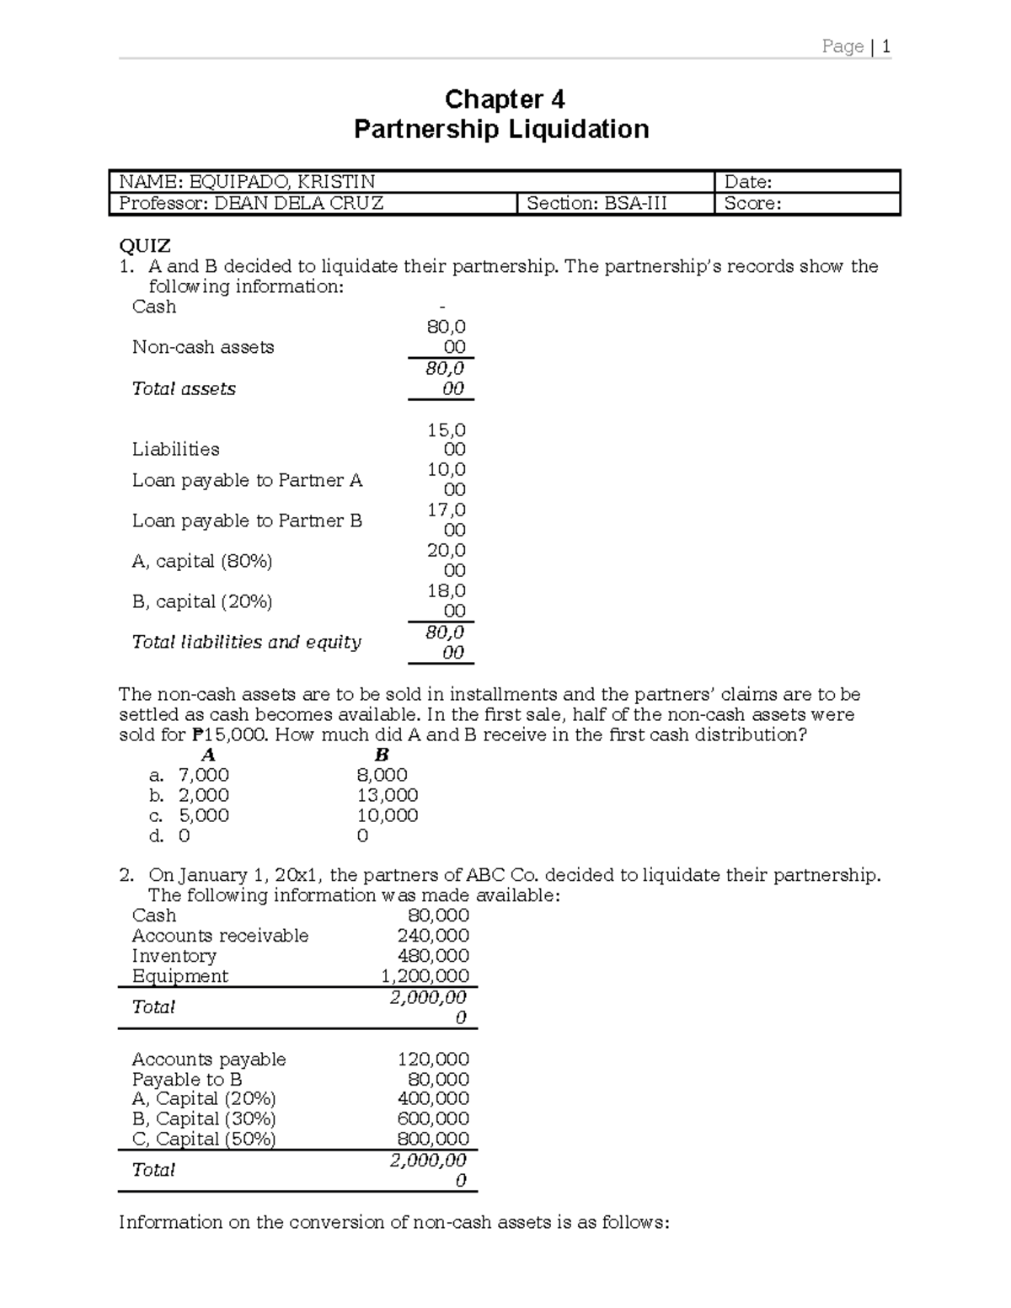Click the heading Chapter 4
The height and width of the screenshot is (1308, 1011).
coord(504,99)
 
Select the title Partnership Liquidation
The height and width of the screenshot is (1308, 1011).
coord(501,129)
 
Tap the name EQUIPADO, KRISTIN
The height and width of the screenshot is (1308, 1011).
coord(282,182)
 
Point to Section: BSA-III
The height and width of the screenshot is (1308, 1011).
coord(596,204)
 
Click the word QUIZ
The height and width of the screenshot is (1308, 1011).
coord(145,246)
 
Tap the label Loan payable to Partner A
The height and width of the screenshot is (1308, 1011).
coord(247,480)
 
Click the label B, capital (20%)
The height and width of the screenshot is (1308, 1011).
coord(202,601)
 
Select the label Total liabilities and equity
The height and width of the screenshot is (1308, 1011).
coord(246,642)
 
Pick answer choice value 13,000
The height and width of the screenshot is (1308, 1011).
coord(388,795)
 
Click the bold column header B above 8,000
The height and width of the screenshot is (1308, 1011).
coord(382,755)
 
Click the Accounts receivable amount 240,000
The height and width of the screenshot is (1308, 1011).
coord(433,936)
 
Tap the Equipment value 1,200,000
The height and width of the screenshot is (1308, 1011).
coord(425,976)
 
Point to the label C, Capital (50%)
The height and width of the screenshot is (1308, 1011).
coord(204,1139)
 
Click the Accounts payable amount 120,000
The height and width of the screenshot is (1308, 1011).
coord(433,1060)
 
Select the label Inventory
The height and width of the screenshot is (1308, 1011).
coord(174,956)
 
